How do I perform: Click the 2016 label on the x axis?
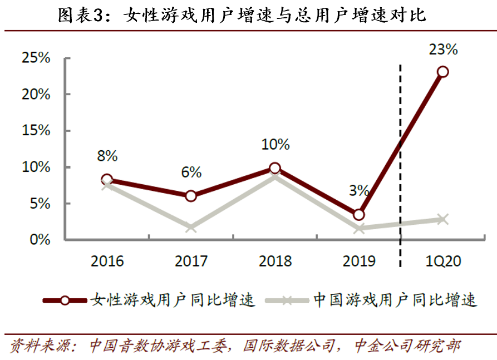[x=107, y=261]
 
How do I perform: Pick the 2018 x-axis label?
[x=275, y=261]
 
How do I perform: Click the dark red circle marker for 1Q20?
[x=443, y=72]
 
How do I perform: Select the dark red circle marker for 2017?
[x=191, y=196]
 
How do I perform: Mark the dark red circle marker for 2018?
[x=275, y=168]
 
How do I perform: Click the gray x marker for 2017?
[x=191, y=227]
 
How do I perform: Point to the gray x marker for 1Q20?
[x=443, y=219]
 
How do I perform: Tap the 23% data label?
[x=443, y=50]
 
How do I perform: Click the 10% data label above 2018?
[x=275, y=145]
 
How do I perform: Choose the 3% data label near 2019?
[x=359, y=190]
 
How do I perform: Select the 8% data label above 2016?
[x=107, y=156]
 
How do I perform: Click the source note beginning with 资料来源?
[x=234, y=346]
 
